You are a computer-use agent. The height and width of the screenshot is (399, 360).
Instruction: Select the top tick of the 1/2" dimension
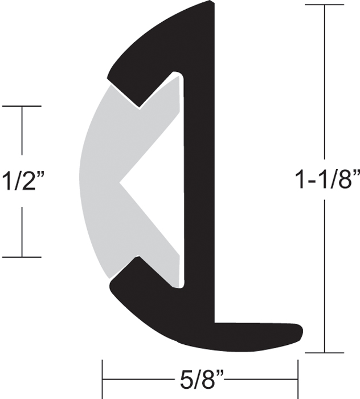(x=22, y=106)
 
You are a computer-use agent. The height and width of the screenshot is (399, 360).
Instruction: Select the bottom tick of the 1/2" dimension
(x=22, y=257)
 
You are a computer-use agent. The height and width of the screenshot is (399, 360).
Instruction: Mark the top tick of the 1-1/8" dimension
(x=325, y=5)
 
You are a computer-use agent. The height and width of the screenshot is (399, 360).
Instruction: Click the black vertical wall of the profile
(x=199, y=182)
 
